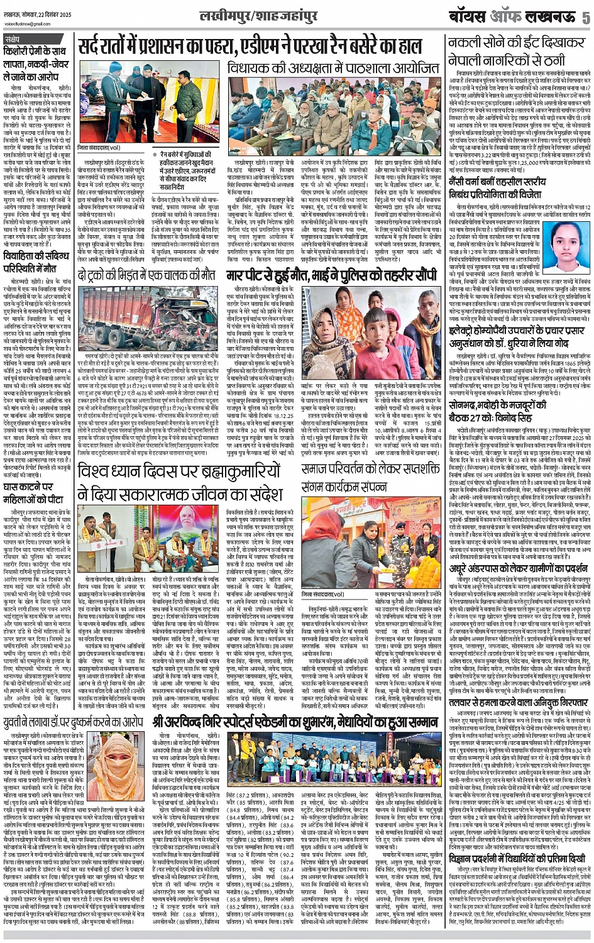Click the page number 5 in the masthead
[x=586, y=17]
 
